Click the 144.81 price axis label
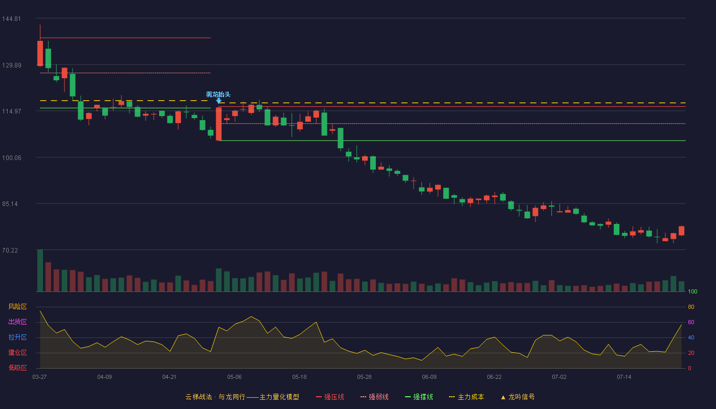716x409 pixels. pos(11,19)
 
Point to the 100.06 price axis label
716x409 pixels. pos(11,158)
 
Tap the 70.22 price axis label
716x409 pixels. pos(10,251)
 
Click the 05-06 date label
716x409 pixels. pos(234,377)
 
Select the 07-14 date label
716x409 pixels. pos(624,377)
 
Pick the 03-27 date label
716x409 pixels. pos(40,377)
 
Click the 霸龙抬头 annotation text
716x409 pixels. pos(218,94)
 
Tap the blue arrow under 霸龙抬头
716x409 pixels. pos(219,101)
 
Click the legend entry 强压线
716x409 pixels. pos(330,397)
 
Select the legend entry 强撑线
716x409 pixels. pos(419,397)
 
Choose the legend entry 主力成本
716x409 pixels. pos(466,397)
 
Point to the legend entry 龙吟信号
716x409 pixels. pos(518,397)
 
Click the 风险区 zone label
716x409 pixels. pos(17,307)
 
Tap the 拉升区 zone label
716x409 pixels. pos(17,337)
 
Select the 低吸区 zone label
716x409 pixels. pos(17,368)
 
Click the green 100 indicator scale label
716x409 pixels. pos(692,291)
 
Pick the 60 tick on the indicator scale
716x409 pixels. pos(691,322)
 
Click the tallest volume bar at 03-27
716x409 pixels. pos(40,270)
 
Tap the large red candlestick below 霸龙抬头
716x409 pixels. pos(219,124)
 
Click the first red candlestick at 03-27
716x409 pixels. pos(40,53)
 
